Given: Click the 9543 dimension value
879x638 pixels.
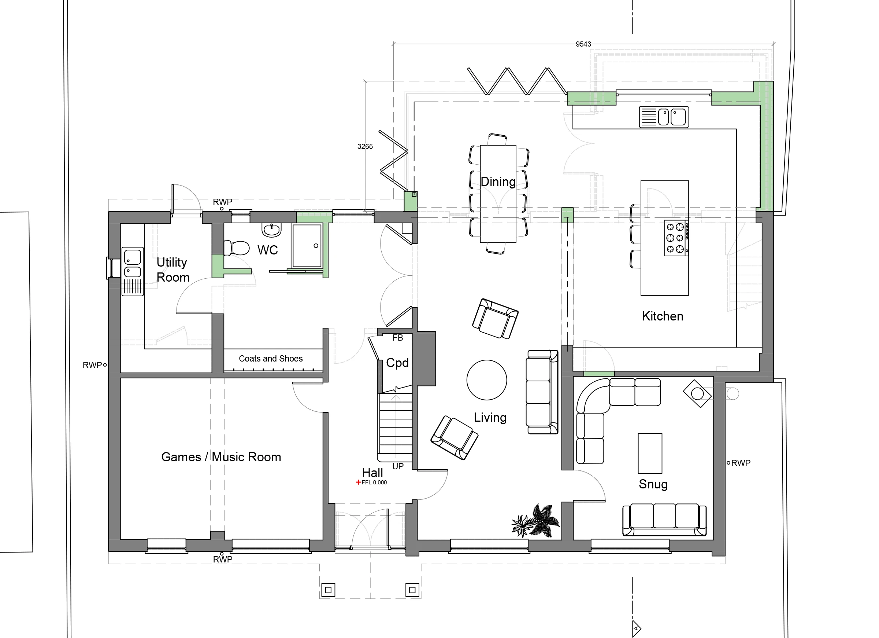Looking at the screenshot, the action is coord(583,44).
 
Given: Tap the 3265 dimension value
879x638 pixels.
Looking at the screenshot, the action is coord(365,146).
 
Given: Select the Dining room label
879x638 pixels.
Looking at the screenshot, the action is coord(498,182).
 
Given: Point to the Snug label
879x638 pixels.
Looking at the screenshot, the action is coord(653,484).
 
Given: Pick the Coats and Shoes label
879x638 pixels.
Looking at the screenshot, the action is coord(271,359).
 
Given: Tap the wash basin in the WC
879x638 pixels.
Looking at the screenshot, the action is coord(271,230).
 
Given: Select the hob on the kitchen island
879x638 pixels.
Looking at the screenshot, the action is coord(677,238).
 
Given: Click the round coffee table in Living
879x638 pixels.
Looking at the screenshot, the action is coord(487,380).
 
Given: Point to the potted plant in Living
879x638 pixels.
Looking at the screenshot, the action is coord(536,521).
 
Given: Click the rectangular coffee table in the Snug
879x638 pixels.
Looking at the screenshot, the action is coord(650,453).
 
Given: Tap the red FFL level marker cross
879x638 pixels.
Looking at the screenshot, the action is coord(359,483).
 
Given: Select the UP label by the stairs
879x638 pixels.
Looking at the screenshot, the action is coord(398,466).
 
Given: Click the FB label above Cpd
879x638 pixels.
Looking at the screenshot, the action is coord(398,338).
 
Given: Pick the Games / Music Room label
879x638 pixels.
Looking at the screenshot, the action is coord(221,457).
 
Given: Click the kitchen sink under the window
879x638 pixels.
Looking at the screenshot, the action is coord(664,117).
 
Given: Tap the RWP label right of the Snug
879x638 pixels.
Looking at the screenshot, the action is coord(741,463).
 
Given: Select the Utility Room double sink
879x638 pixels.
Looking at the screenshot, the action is coord(133,272).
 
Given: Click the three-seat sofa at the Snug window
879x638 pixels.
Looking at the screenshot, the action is coord(664,520).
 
